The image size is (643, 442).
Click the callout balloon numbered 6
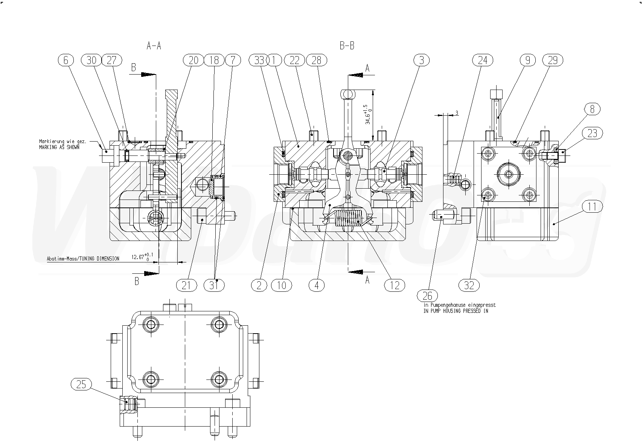66,60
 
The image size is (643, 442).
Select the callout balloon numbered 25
81,384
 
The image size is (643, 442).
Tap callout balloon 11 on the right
592,206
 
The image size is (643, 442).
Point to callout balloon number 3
422,60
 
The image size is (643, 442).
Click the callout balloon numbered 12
395,285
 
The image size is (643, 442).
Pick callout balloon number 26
428,295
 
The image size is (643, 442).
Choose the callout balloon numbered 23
592,133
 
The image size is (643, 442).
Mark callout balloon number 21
187,285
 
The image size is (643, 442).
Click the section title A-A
154,46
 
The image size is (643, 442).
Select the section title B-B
347,46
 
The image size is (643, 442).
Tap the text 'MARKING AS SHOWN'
59,148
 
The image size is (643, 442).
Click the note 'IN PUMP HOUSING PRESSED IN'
456,311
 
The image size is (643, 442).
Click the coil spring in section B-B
348,218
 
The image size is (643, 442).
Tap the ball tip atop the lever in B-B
347,93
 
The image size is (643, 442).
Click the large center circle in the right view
509,174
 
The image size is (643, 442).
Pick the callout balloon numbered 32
469,285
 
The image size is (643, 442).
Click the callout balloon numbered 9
528,60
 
